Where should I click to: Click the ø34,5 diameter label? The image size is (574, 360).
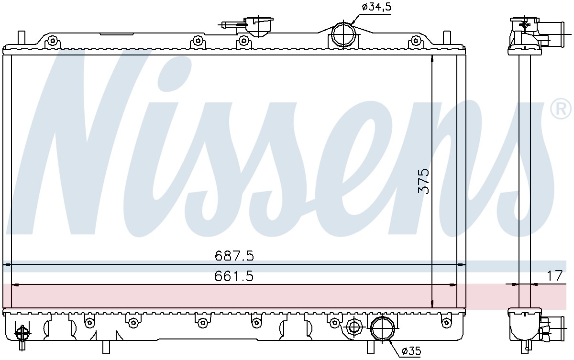click(376, 7)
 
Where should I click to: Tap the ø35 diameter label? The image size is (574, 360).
click(411, 351)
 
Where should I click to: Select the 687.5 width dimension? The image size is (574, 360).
click(234, 256)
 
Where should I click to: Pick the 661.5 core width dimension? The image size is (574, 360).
click(234, 276)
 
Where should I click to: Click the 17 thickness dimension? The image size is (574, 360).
click(555, 276)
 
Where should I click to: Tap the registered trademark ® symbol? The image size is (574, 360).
click(561, 109)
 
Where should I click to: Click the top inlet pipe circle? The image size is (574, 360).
click(343, 34)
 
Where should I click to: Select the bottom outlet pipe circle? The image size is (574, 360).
click(383, 329)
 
